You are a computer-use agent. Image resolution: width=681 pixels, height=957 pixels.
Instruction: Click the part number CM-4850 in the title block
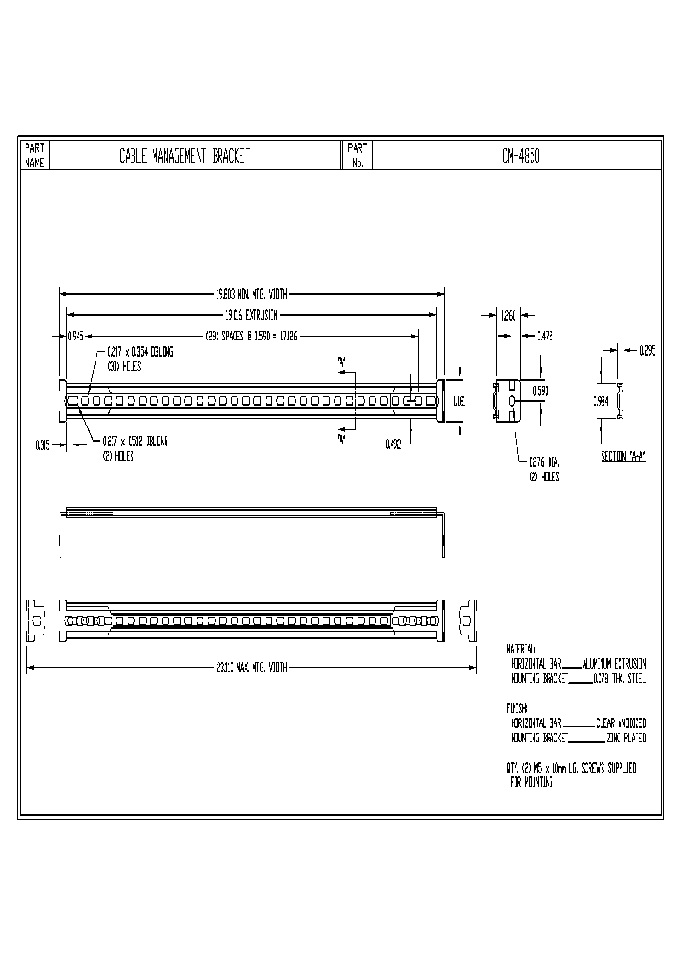coord(521,155)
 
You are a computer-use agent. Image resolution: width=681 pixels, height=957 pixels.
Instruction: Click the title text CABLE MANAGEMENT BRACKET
coord(183,155)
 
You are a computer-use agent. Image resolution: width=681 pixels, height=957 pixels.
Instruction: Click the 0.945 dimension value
coord(75,335)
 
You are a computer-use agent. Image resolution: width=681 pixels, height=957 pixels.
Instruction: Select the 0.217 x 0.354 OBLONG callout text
coord(140,351)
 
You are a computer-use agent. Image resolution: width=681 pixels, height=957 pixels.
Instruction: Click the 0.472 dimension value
coord(545,335)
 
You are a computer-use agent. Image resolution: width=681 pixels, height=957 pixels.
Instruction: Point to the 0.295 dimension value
coord(647,351)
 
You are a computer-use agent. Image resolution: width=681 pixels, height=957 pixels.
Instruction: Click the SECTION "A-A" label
coord(623,458)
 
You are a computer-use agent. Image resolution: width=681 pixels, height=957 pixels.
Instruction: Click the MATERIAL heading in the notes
coord(521,651)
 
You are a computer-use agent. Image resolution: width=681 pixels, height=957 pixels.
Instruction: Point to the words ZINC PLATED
coord(626,738)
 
